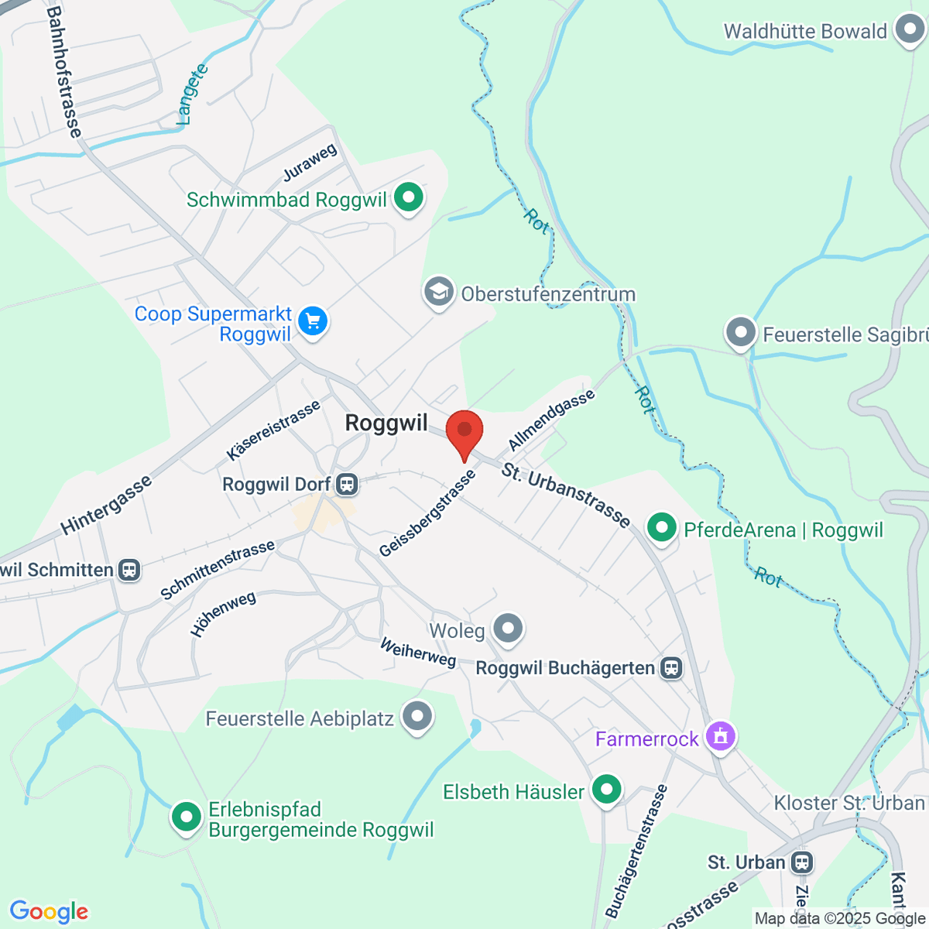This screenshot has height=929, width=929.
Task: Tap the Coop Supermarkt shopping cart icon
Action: point(313,321)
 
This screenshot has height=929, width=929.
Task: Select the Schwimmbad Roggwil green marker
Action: point(408,197)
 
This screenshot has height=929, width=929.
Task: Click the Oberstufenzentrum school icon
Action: point(439,293)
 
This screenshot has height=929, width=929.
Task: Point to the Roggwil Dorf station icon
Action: point(347,485)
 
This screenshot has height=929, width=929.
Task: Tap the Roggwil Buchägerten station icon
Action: point(671,668)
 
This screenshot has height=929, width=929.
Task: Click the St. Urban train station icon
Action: point(802,862)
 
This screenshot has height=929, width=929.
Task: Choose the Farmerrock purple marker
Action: point(721,736)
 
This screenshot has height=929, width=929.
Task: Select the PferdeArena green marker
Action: point(661,528)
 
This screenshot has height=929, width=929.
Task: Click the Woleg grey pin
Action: point(508,629)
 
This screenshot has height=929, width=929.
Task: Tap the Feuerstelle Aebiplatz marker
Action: point(418,717)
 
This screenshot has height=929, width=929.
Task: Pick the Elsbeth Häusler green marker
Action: point(606,790)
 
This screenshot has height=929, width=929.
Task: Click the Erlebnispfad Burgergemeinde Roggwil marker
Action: point(186,816)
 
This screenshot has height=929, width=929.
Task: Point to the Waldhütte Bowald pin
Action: point(909,30)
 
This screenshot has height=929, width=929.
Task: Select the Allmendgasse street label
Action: point(551,420)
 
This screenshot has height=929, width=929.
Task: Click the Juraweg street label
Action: point(310,163)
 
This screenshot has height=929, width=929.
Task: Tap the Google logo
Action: point(49,912)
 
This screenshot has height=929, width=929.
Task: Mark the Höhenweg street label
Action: point(223,614)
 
